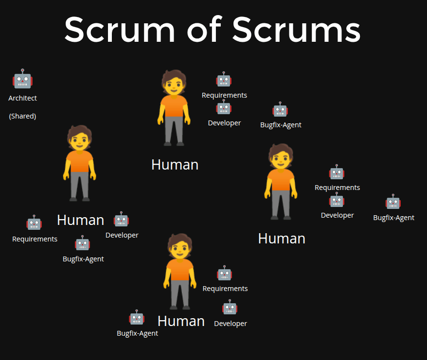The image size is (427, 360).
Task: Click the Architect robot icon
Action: pos(22,79)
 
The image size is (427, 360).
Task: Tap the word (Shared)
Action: pos(22,117)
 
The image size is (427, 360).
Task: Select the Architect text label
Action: pos(22,98)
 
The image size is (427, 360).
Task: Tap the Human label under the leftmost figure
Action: pos(80,220)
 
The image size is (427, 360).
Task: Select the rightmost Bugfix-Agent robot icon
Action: pos(393,202)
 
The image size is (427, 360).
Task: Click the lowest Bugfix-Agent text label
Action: pos(138,333)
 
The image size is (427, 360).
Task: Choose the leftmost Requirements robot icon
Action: pos(34,223)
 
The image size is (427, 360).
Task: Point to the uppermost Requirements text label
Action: pos(224,95)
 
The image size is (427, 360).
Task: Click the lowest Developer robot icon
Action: pos(230,308)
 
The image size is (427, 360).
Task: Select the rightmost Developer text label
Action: pos(337,215)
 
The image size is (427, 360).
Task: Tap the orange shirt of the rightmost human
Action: pos(281,179)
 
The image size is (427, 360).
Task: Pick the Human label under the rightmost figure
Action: pos(282,239)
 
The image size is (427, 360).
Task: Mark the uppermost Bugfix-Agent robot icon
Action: pos(280,110)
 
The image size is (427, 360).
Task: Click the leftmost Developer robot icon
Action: pos(121,220)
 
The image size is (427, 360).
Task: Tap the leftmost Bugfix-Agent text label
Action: pos(83,259)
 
